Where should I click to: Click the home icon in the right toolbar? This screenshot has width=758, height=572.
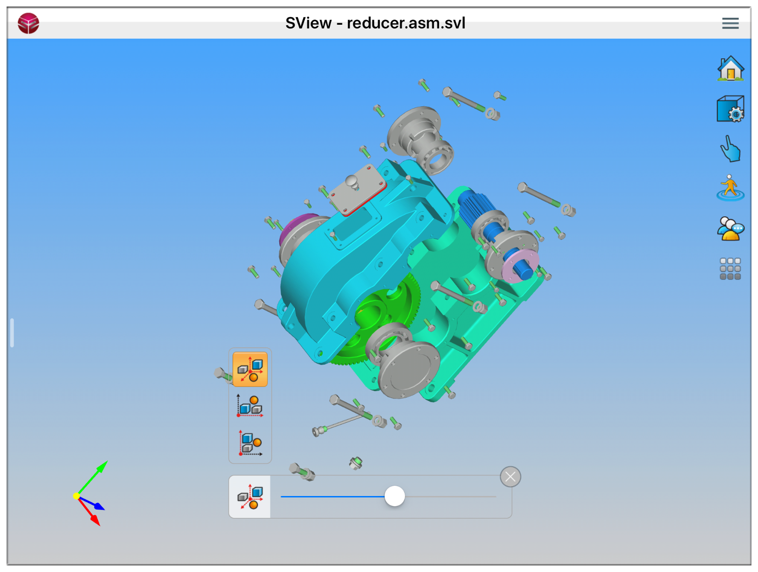[730, 69]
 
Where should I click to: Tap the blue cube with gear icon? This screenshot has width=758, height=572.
[730, 109]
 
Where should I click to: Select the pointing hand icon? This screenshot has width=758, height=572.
[730, 148]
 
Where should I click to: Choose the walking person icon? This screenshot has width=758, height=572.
[730, 188]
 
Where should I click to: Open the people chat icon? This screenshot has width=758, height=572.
[730, 228]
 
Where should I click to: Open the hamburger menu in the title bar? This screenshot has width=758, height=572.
[730, 23]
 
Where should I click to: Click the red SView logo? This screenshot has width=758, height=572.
[28, 23]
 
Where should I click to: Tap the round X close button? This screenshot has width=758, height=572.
[510, 476]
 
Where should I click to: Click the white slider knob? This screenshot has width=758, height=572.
[394, 496]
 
